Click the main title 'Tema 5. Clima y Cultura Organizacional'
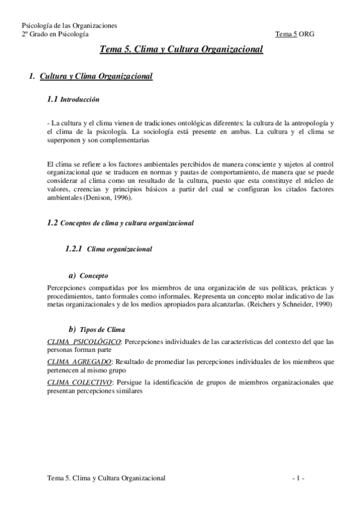click(181, 51)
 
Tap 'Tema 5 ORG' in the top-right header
click(294, 34)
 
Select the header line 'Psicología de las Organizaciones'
click(69, 26)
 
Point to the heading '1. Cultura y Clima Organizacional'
click(91, 76)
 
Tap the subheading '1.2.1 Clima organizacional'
click(108, 248)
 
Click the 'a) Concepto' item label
click(88, 275)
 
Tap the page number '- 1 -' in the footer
click(298, 478)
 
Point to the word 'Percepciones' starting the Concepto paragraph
click(65, 288)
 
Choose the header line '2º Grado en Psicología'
click(55, 34)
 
